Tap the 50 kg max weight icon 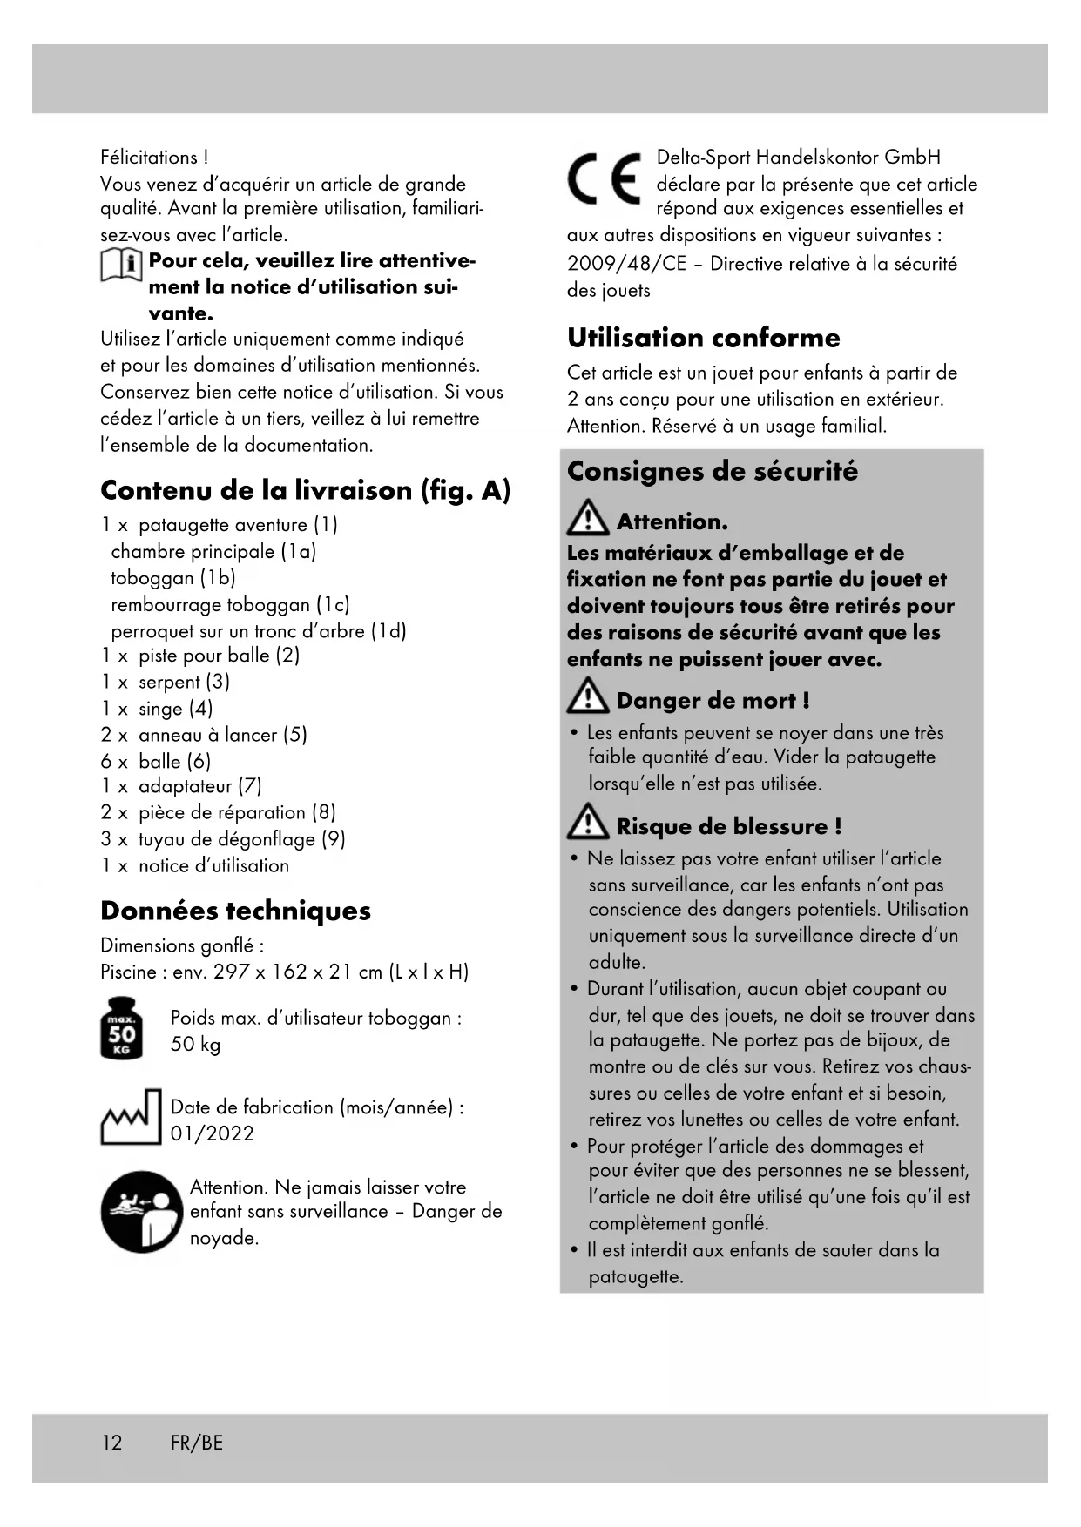point(122,1028)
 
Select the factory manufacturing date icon point(132,1117)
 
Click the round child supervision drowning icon point(142,1211)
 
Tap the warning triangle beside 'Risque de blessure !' point(588,823)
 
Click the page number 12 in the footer point(112,1443)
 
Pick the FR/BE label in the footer point(197,1443)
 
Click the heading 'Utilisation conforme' point(704,338)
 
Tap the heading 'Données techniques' point(235,911)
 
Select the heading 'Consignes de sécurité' point(713,471)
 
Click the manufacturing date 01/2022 point(213,1133)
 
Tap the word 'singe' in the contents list point(161,709)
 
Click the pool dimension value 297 point(232,972)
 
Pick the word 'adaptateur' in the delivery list point(186,786)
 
